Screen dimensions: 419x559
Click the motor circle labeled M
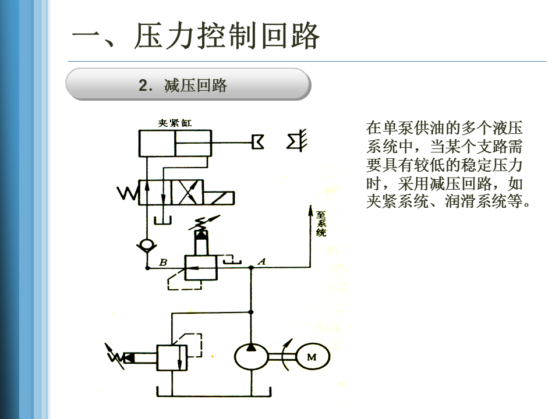click(312, 357)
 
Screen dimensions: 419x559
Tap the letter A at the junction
click(261, 262)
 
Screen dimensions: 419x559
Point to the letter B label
click(163, 262)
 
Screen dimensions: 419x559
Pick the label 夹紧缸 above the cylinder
click(175, 123)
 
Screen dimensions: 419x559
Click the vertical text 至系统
click(321, 223)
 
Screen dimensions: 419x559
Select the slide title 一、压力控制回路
click(196, 37)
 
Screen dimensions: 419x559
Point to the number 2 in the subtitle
click(143, 86)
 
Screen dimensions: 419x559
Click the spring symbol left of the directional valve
click(127, 193)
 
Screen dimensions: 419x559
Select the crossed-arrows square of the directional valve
click(187, 193)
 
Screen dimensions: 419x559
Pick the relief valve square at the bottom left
click(171, 357)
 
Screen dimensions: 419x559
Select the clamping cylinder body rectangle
click(175, 143)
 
